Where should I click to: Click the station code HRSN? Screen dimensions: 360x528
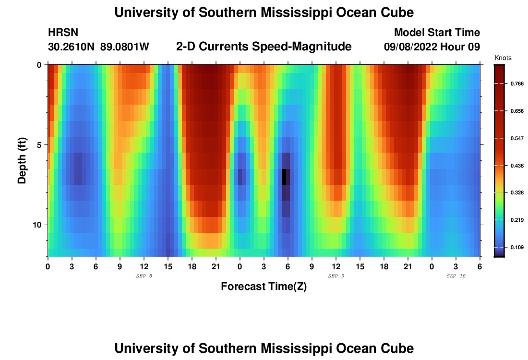63,33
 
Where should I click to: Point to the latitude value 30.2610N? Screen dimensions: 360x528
72,47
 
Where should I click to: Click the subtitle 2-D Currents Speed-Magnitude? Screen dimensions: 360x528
264,47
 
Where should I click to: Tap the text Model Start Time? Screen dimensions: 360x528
437,33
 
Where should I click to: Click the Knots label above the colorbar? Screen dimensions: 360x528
503,58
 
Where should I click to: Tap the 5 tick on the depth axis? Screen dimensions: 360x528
39,144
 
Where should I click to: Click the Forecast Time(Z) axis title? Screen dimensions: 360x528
264,287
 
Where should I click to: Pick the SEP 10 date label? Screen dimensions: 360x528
456,276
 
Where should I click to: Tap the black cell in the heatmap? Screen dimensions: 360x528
284,177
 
